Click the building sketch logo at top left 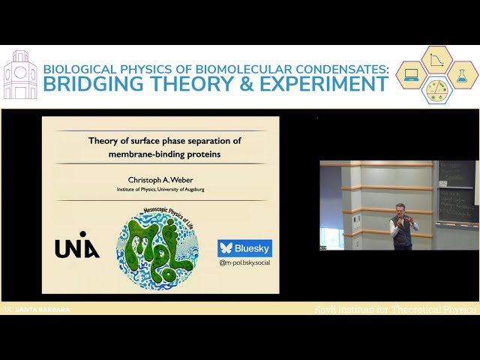pos(20,75)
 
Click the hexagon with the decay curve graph pos(436,60)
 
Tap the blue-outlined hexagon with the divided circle pos(436,90)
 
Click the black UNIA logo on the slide pos(76,249)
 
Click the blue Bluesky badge pos(244,248)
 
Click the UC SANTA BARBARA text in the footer pos(37,309)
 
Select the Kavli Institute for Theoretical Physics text pos(395,309)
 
